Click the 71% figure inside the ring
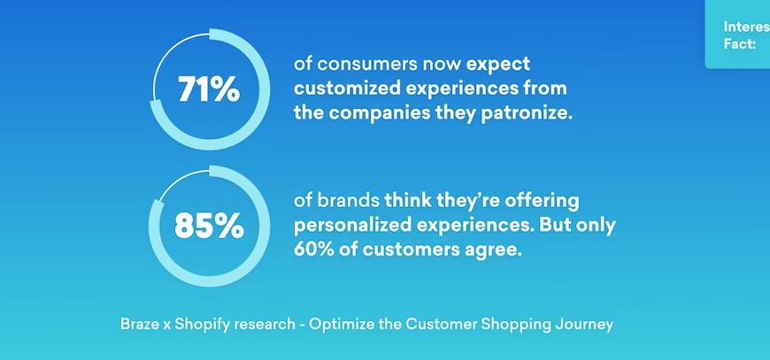point(209,89)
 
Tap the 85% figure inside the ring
point(209,226)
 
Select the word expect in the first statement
point(498,65)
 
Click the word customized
point(351,88)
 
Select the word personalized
point(354,225)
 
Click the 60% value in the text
point(311,249)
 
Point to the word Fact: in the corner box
point(739,43)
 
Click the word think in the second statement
point(406,201)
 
